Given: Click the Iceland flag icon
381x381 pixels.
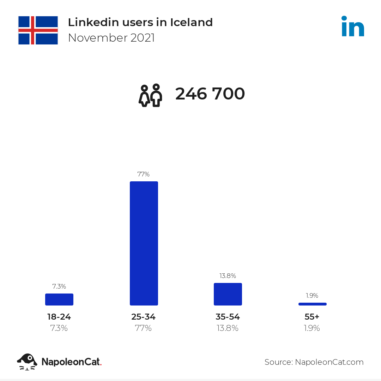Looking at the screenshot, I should pyautogui.click(x=38, y=30).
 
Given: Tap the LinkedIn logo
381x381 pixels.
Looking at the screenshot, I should pyautogui.click(x=352, y=26).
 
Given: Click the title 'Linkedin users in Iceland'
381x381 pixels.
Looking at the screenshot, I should pyautogui.click(x=140, y=22).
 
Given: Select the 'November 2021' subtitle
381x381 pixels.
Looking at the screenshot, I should pyautogui.click(x=111, y=38).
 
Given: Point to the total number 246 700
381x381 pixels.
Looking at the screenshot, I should pyautogui.click(x=210, y=94).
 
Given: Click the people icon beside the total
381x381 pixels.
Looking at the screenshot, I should pyautogui.click(x=150, y=95).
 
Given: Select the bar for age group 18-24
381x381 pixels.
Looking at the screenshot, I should pyautogui.click(x=59, y=300).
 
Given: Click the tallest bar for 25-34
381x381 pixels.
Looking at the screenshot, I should pyautogui.click(x=144, y=243).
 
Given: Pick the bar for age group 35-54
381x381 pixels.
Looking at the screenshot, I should pyautogui.click(x=228, y=294).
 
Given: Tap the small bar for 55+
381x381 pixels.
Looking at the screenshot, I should pyautogui.click(x=312, y=304).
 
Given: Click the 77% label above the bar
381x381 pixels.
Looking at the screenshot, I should pyautogui.click(x=144, y=174).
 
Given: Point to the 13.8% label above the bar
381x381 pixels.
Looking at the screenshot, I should pyautogui.click(x=228, y=276).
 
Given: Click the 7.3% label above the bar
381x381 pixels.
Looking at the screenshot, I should pyautogui.click(x=59, y=286).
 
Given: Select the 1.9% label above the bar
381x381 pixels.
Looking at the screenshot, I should pyautogui.click(x=312, y=296).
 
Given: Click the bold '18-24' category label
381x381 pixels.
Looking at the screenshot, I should pyautogui.click(x=59, y=317).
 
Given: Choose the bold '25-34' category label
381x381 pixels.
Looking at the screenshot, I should pyautogui.click(x=143, y=317).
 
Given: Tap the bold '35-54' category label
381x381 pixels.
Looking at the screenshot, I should pyautogui.click(x=228, y=317).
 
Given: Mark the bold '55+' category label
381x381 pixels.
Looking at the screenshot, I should pyautogui.click(x=312, y=317).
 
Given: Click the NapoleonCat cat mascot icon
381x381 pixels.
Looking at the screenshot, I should pyautogui.click(x=27, y=362).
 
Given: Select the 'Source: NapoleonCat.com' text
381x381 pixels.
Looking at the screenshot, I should pyautogui.click(x=314, y=362).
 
